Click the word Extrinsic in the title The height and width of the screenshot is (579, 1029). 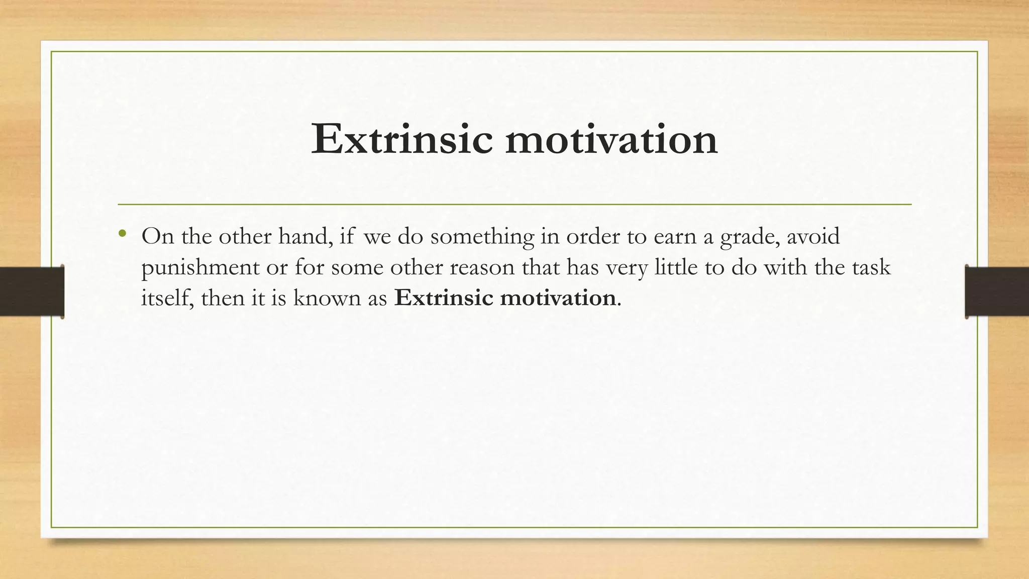(401, 139)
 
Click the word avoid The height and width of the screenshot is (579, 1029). (813, 236)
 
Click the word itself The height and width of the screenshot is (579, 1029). (167, 298)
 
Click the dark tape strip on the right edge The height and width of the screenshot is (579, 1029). (997, 292)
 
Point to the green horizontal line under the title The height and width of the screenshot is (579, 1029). (514, 205)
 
